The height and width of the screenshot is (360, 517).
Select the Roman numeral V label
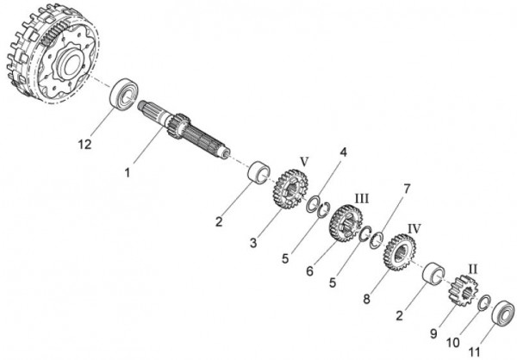click(303, 160)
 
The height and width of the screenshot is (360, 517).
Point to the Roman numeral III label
click(362, 198)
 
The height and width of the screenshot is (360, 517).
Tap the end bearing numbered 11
click(503, 311)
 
